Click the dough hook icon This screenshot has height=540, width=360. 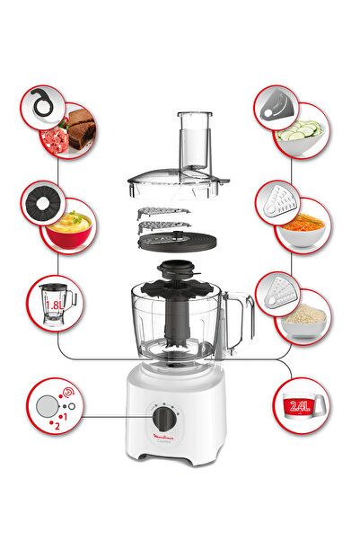pyautogui.click(x=42, y=106)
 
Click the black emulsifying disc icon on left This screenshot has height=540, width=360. pyautogui.click(x=42, y=202)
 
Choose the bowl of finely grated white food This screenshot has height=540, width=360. pyautogui.click(x=303, y=316)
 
